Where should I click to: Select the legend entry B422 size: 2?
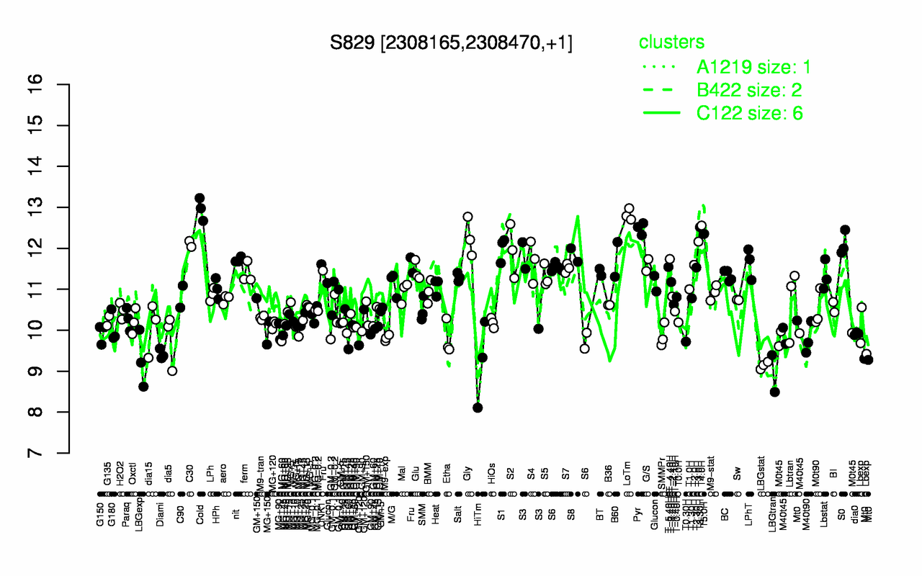tap(749, 90)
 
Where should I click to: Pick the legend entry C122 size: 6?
tap(749, 113)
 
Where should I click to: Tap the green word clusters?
tap(671, 42)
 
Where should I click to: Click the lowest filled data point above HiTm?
tap(478, 408)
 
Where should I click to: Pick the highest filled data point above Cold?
tap(200, 197)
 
